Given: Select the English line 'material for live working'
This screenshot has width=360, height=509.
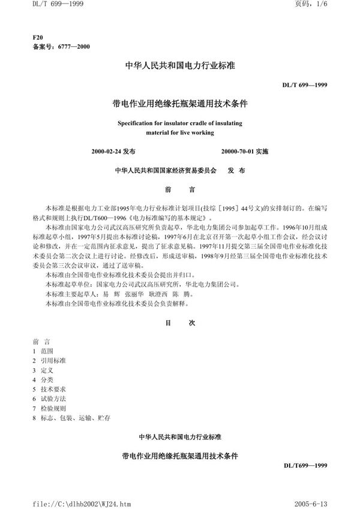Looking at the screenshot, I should [x=180, y=131].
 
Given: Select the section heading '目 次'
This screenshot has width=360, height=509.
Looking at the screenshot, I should [x=180, y=323].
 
